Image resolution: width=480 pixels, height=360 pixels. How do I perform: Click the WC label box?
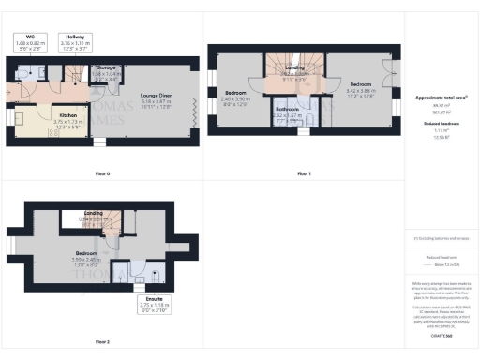click(x=30, y=42)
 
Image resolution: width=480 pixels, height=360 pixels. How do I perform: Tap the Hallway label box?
click(x=77, y=42)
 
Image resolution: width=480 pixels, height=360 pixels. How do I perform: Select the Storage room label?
click(x=106, y=72)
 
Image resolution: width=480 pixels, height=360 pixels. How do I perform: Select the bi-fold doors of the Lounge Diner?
click(x=194, y=108)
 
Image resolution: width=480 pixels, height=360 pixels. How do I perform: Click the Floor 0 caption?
click(x=102, y=174)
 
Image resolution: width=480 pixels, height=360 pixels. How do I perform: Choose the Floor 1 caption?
click(x=304, y=174)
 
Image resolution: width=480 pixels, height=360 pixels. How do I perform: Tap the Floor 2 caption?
click(x=102, y=341)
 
